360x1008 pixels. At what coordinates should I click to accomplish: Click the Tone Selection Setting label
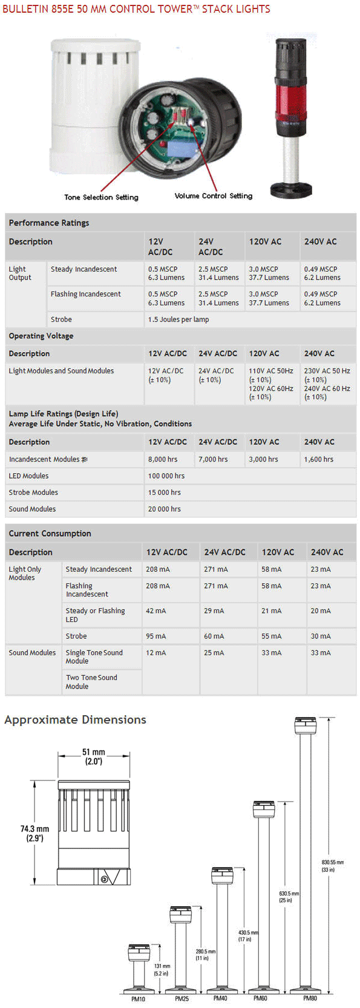click(x=101, y=197)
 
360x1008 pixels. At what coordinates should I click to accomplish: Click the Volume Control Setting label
click(x=213, y=196)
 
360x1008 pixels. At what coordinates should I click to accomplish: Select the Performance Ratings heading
click(x=49, y=223)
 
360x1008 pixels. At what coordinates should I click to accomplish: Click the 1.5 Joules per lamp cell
click(x=178, y=319)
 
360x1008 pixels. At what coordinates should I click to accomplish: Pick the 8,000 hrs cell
click(x=163, y=459)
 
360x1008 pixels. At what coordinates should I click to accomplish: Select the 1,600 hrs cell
click(x=319, y=459)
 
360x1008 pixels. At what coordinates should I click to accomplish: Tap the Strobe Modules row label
click(x=33, y=493)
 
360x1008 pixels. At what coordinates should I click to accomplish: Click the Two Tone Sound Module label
click(x=91, y=682)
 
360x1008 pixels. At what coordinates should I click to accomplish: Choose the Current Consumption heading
click(x=50, y=534)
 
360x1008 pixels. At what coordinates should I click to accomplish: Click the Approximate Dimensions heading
click(x=76, y=719)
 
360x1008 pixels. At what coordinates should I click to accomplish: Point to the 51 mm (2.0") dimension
click(x=94, y=757)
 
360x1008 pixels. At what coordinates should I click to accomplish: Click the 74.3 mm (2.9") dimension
click(x=34, y=833)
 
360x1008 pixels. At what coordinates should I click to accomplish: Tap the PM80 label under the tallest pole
click(x=310, y=998)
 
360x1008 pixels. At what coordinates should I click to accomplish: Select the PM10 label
click(x=138, y=999)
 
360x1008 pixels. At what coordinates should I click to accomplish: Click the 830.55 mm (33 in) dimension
click(x=332, y=866)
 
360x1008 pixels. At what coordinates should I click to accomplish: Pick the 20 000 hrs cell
click(x=165, y=509)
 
